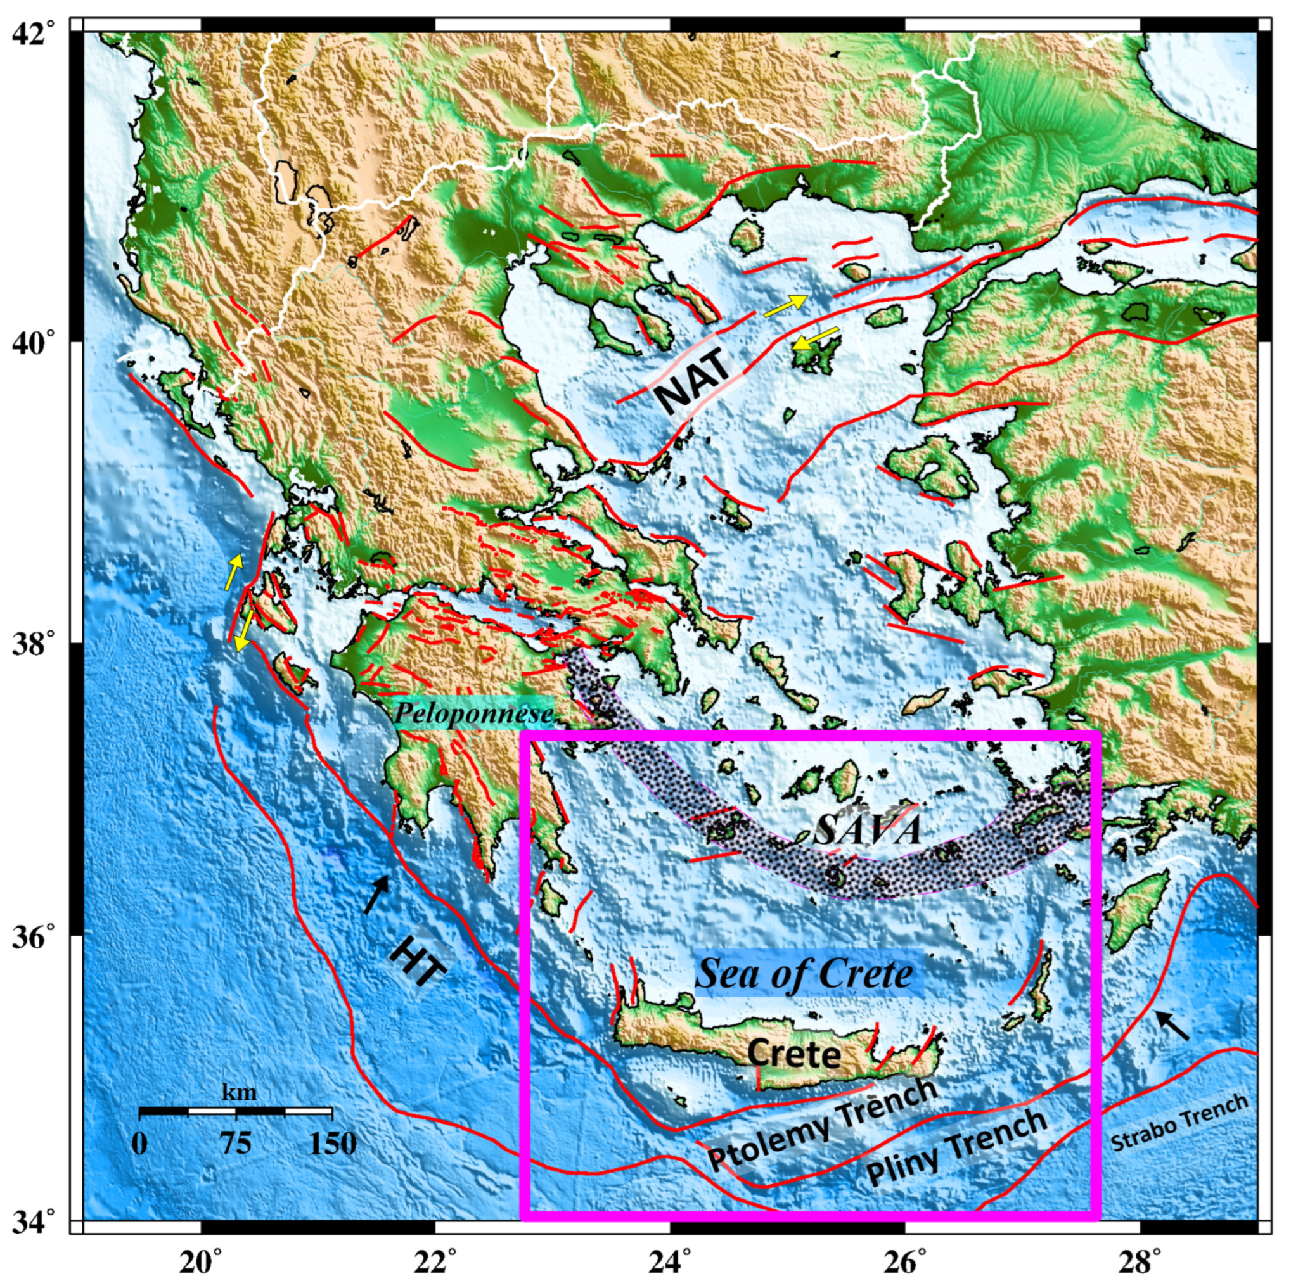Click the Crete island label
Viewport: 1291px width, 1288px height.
point(793,1054)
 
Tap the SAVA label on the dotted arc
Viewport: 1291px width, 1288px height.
point(868,831)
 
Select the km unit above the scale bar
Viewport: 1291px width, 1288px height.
point(238,1093)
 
